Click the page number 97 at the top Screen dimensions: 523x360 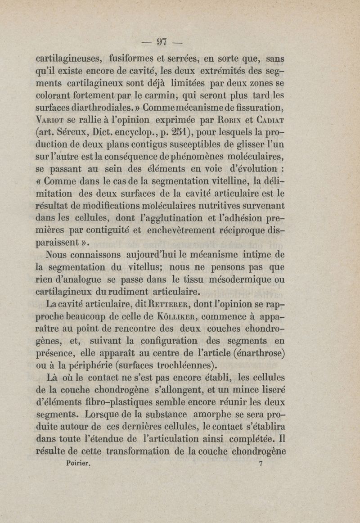click(x=161, y=42)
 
